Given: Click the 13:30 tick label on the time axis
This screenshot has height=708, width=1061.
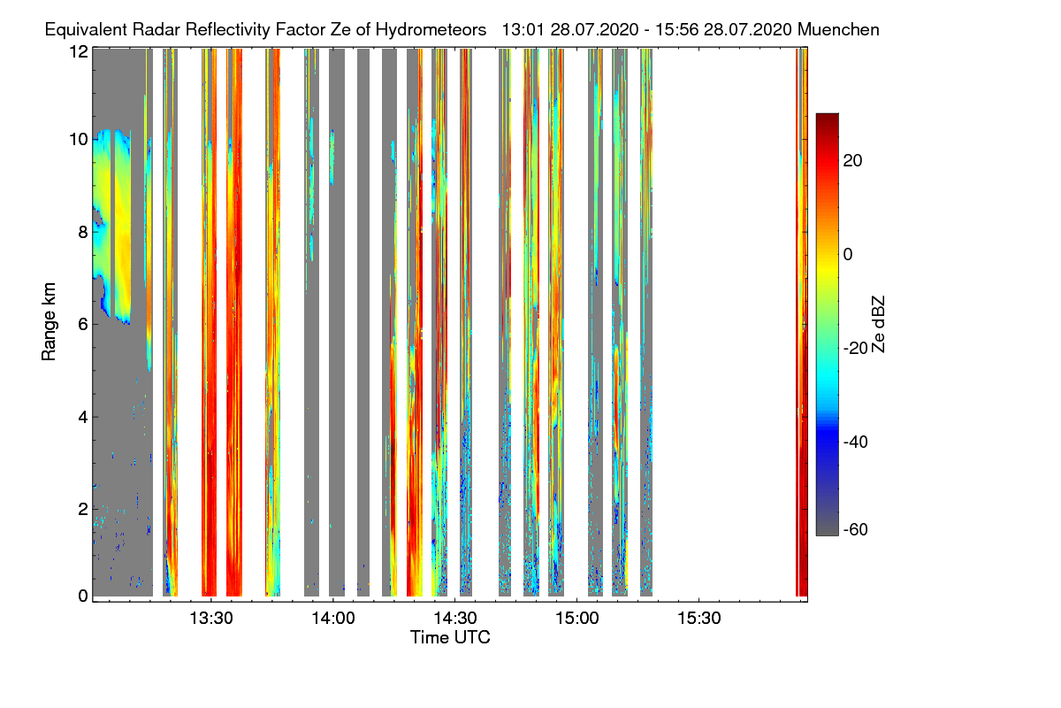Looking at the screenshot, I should click(210, 619).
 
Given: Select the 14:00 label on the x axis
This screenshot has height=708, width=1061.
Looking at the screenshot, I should click(332, 619).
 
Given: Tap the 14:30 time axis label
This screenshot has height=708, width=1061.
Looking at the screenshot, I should click(454, 619).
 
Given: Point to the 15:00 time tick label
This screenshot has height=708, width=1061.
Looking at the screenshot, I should click(576, 619).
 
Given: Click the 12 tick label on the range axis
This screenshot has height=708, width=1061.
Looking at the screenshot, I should click(78, 52).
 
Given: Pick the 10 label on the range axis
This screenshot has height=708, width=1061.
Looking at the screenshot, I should click(78, 140).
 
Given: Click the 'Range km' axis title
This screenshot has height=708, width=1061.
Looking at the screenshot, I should click(50, 322).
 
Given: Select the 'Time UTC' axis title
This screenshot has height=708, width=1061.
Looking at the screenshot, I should click(450, 637).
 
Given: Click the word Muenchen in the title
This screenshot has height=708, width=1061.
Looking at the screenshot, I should click(838, 29).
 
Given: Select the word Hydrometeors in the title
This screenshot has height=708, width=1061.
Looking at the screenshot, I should click(431, 29).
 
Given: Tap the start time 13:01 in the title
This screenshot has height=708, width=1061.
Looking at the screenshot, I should click(522, 29).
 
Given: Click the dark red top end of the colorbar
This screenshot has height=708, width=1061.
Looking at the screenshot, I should click(827, 118).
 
